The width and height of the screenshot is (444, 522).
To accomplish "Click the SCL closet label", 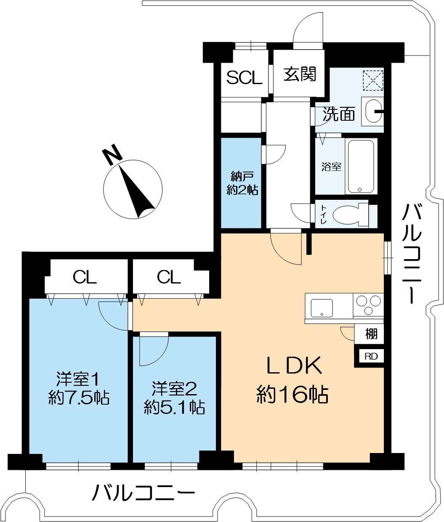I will click(245, 78).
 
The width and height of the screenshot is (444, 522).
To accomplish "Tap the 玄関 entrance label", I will click(299, 75).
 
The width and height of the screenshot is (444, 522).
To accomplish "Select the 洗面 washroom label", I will click(339, 114).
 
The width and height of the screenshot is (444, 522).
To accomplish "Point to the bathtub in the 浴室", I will click(361, 166).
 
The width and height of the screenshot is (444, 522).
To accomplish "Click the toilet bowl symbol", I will click(349, 215).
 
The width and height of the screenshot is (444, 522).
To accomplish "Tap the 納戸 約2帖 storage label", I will click(242, 183).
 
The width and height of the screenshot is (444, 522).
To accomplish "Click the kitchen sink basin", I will click(322, 308).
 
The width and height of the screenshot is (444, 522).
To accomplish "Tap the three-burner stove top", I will click(368, 305).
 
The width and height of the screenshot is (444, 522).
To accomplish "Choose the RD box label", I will click(371, 356).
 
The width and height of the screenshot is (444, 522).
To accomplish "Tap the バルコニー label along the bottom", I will click(144, 492).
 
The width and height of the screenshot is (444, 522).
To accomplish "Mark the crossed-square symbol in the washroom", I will click(373, 79).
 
